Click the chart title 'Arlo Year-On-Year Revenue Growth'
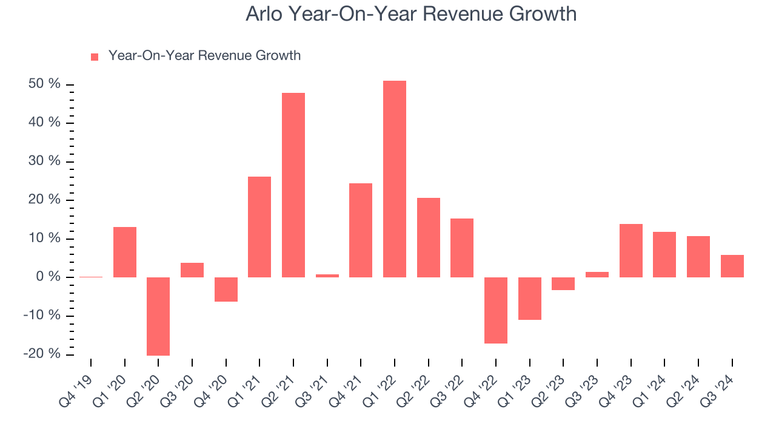point(410,14)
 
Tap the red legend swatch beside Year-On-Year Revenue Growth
point(95,56)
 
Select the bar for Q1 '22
point(395,179)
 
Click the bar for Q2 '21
point(293,185)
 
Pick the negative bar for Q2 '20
point(158,316)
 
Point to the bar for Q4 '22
point(496,310)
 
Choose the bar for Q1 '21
point(259,227)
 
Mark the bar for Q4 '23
point(630,251)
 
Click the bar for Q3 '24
point(732,266)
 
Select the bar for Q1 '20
point(125,252)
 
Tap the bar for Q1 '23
point(529,299)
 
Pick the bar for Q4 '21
point(361,230)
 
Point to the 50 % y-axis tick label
point(44,84)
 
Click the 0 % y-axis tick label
point(48,277)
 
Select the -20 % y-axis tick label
point(42,354)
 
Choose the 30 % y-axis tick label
point(44,161)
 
